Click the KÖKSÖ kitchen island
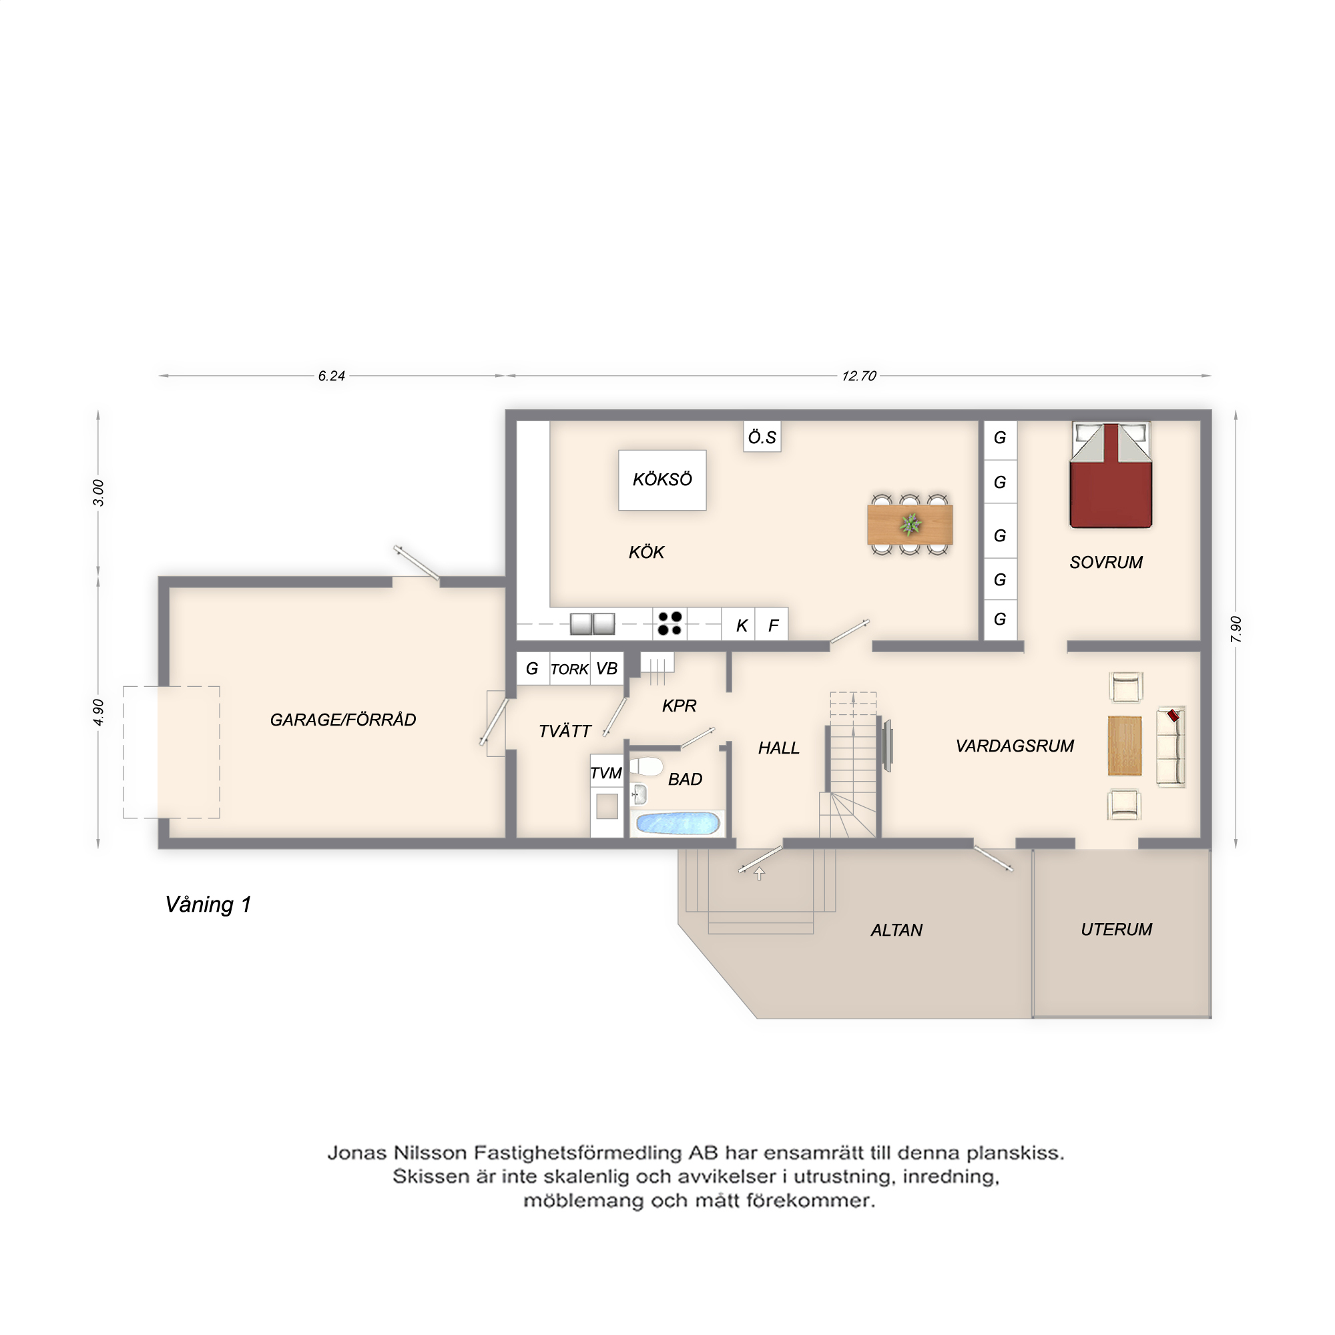pyautogui.click(x=662, y=480)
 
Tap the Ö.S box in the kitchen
pyautogui.click(x=762, y=437)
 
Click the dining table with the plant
pyautogui.click(x=910, y=525)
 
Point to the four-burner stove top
pyautogui.click(x=670, y=623)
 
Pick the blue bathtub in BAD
pyautogui.click(x=678, y=823)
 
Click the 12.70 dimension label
pyautogui.click(x=858, y=376)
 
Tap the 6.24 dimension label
pyautogui.click(x=331, y=376)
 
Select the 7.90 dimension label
pyautogui.click(x=1236, y=629)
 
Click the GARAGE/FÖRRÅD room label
pyautogui.click(x=342, y=720)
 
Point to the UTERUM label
pyautogui.click(x=1116, y=929)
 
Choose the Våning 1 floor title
pyautogui.click(x=208, y=905)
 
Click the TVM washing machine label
pyautogui.click(x=606, y=773)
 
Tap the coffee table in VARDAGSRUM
pyautogui.click(x=1124, y=746)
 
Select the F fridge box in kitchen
pyautogui.click(x=772, y=624)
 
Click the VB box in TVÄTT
pyautogui.click(x=607, y=669)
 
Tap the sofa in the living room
pyautogui.click(x=1171, y=747)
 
